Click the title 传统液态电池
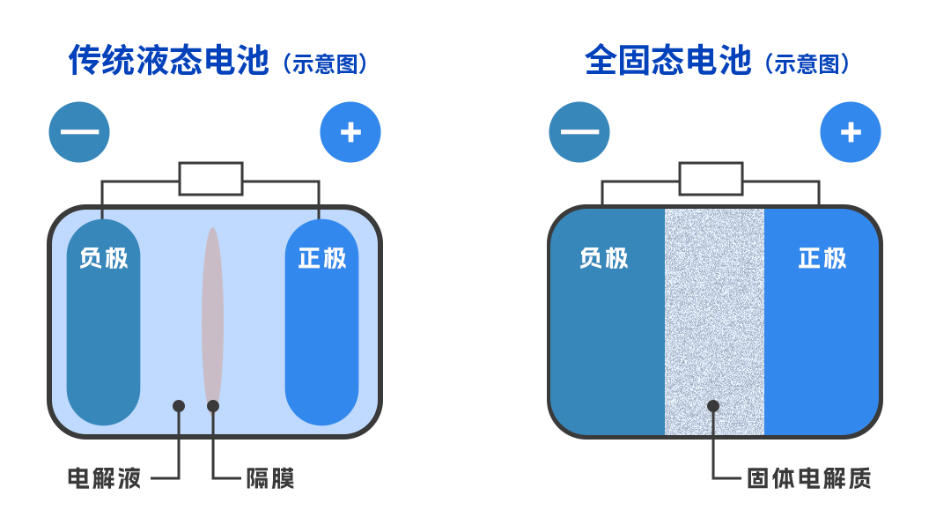pos(168,62)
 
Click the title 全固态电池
pos(667,62)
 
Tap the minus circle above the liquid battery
pos(79,132)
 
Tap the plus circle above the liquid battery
pos(350,132)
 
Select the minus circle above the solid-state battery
pos(579,132)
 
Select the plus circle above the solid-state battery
pos(851,132)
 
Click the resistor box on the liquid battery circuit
pos(211,179)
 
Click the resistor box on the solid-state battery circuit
pos(711,179)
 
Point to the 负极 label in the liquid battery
pos(104,258)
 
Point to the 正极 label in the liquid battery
pos(322,258)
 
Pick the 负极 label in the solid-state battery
pos(604,258)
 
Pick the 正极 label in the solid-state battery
pos(822,258)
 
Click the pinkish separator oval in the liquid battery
pos(212,317)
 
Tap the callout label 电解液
pos(104,478)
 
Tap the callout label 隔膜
pos(269,478)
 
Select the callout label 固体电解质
pos(808,478)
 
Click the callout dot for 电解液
pos(179,406)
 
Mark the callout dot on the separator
pos(213,406)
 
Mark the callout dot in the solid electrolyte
pos(713,406)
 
